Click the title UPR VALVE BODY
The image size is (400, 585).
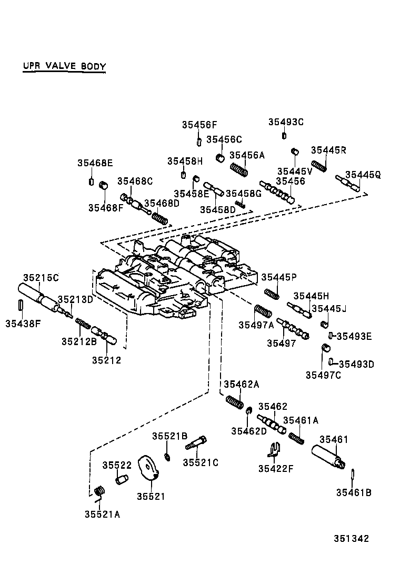click(64, 67)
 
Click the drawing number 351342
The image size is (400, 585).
click(351, 539)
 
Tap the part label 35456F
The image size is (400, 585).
click(199, 125)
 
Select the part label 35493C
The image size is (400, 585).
click(286, 122)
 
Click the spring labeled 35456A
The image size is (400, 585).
click(239, 169)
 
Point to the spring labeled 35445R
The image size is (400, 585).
click(319, 165)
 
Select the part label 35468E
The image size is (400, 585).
click(95, 163)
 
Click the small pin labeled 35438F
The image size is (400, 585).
click(20, 305)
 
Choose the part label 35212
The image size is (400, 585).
click(106, 360)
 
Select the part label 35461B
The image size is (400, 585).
click(354, 493)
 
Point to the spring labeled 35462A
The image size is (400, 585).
click(234, 402)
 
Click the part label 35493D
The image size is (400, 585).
click(356, 364)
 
